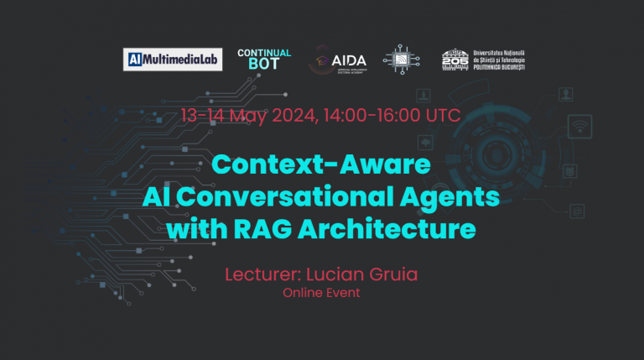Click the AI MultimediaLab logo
173,60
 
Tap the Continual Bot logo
264,59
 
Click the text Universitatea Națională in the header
501,53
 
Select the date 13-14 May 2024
246,115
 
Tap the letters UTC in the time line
443,115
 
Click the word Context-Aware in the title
322,165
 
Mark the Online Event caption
321,292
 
